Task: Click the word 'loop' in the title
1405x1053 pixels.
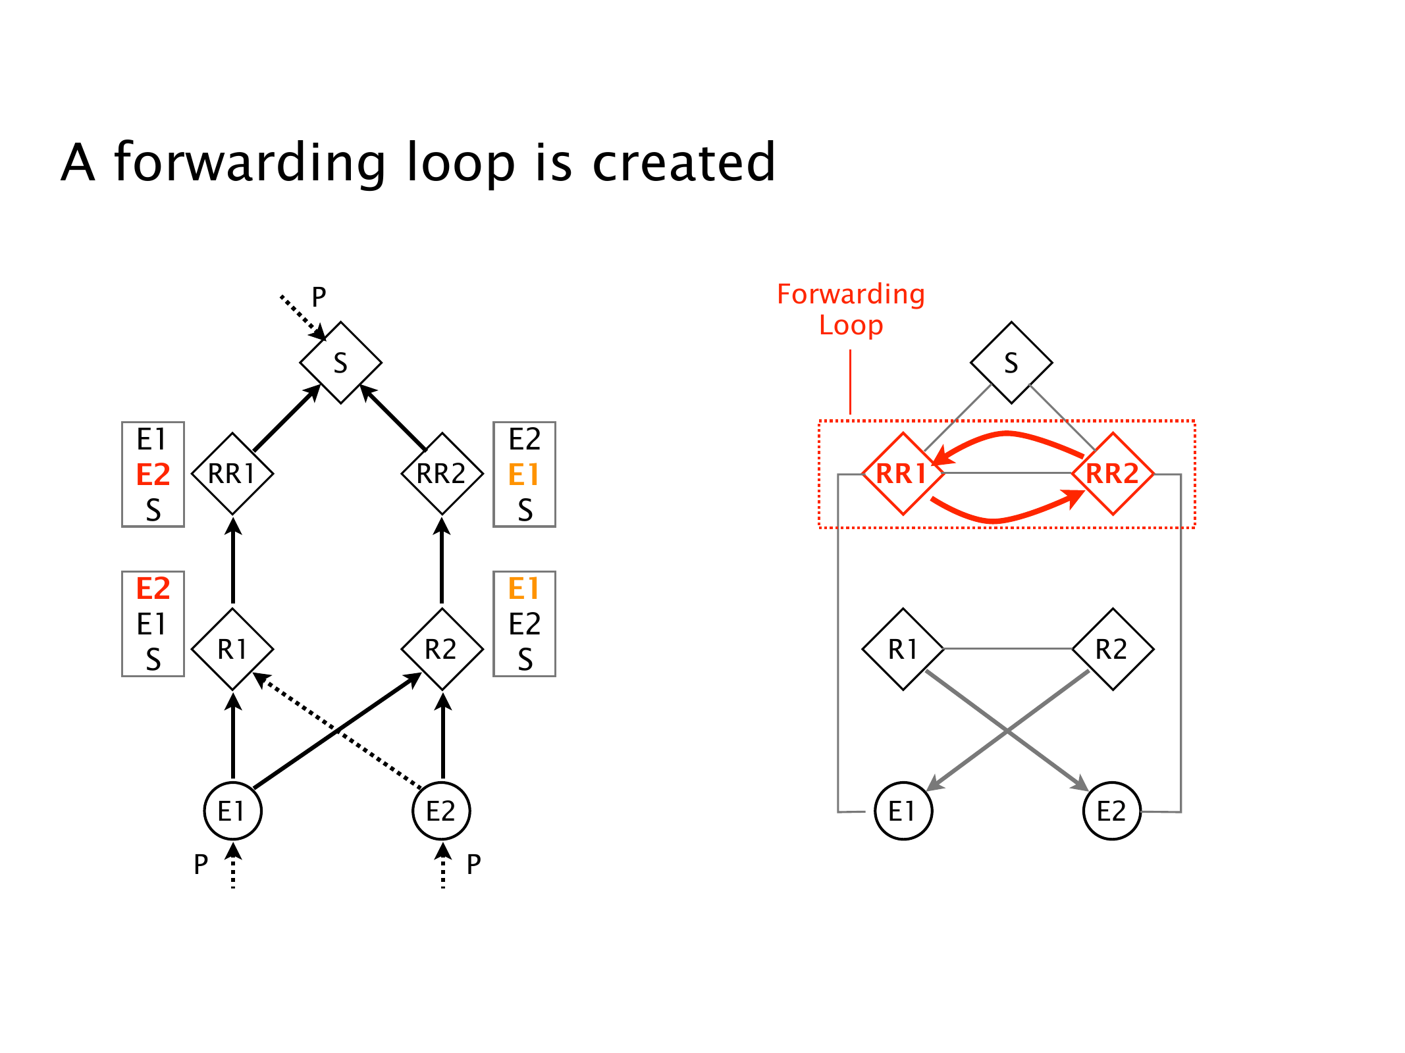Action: click(460, 163)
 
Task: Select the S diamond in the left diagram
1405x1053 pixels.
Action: click(340, 363)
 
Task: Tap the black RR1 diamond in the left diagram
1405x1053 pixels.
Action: click(232, 474)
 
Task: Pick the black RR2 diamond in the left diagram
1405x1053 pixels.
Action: click(442, 474)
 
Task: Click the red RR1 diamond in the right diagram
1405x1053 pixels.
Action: click(903, 474)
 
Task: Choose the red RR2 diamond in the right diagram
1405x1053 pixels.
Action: click(1112, 474)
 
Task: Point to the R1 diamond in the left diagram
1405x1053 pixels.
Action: click(232, 650)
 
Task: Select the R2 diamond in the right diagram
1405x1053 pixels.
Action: click(1112, 650)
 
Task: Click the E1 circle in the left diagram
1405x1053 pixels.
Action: click(232, 811)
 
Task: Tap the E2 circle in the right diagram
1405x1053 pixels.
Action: click(1112, 811)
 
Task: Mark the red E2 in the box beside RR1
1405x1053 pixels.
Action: click(153, 475)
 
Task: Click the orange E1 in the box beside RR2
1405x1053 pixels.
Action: click(524, 475)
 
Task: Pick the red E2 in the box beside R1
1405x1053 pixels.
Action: click(153, 588)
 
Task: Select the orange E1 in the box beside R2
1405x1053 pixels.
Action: click(524, 588)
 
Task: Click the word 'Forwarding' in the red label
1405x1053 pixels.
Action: click(851, 294)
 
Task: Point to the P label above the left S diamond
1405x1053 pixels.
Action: click(319, 297)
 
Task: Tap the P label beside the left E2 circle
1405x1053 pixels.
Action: click(473, 864)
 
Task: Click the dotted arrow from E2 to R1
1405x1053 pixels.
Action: click(338, 730)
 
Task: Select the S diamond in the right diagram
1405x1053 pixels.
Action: click(1011, 363)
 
